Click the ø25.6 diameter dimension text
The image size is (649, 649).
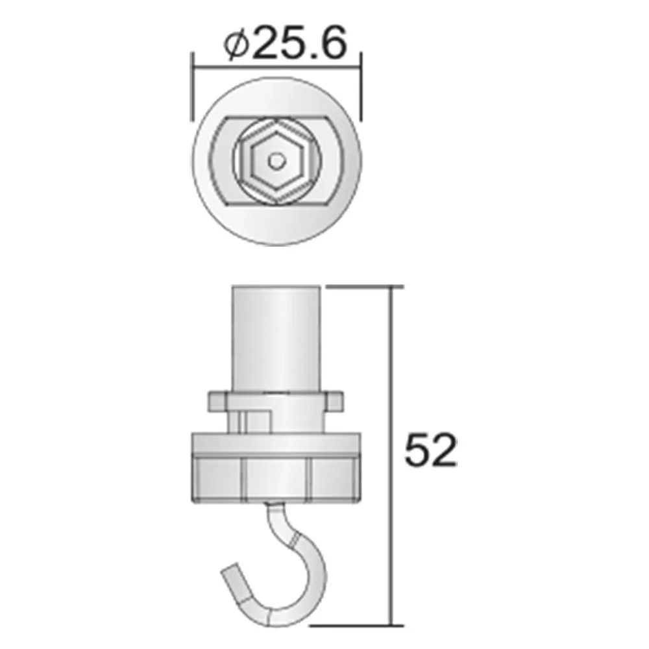285,43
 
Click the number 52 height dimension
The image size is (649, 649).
430,451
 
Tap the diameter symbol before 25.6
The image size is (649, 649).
236,45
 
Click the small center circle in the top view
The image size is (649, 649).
276,161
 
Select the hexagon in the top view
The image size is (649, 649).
276,161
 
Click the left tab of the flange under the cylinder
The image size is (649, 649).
217,400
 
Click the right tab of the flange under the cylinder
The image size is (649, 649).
334,400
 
